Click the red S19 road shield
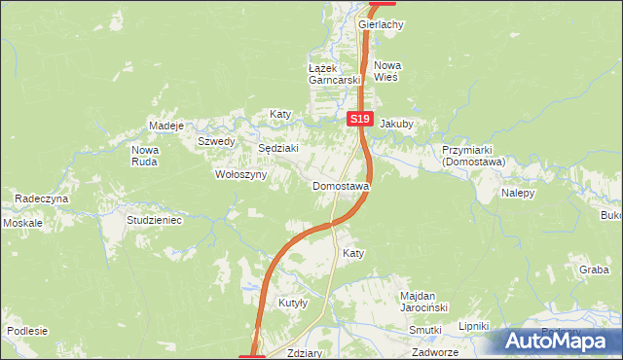click(x=360, y=119)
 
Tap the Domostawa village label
click(x=341, y=186)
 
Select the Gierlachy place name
click(x=381, y=24)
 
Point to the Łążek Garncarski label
click(x=335, y=74)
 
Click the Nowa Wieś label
click(x=387, y=71)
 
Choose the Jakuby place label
click(x=396, y=125)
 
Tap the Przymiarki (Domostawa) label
click(x=472, y=157)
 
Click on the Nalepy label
click(x=519, y=194)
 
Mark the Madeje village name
click(x=166, y=126)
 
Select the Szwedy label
click(x=217, y=141)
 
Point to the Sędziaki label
click(x=277, y=148)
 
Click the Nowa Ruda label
click(x=145, y=156)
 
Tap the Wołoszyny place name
click(x=239, y=175)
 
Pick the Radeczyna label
click(x=42, y=198)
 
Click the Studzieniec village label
click(x=155, y=221)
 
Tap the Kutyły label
click(x=293, y=304)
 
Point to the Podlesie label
click(x=27, y=331)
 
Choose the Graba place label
click(x=594, y=270)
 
